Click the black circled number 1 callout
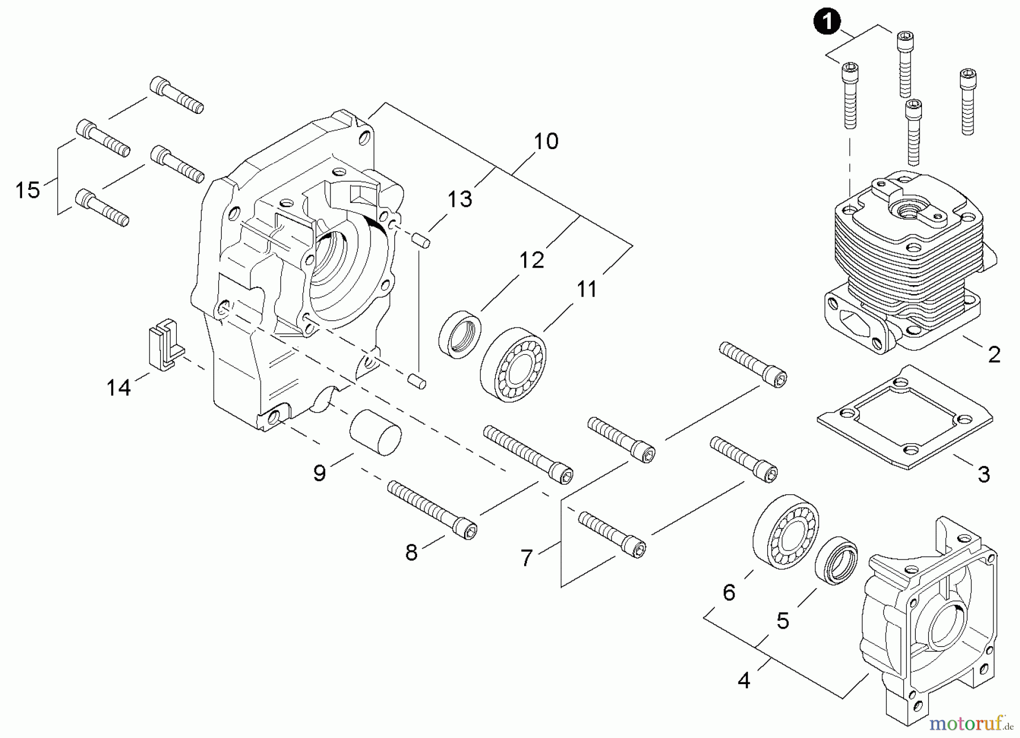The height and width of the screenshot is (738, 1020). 828,23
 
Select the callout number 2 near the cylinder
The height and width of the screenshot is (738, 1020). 994,355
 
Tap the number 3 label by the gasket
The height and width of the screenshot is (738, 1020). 984,474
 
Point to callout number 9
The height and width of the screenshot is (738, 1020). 320,473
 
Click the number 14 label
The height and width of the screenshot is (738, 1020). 119,388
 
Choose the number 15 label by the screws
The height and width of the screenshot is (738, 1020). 27,190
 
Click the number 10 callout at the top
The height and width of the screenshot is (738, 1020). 546,141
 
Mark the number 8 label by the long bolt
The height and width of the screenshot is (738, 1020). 411,552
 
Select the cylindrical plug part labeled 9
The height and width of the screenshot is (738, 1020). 375,432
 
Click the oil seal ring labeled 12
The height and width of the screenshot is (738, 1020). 460,334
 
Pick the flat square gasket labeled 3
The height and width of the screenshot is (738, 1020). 906,417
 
